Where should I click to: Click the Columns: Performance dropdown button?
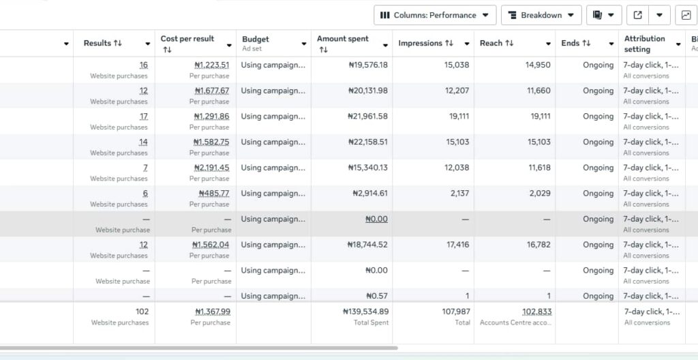click(x=435, y=15)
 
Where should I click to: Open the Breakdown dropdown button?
click(x=541, y=15)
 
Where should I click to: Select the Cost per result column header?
click(x=187, y=39)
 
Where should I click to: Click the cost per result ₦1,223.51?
click(x=211, y=65)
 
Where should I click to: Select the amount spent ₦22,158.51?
click(x=363, y=142)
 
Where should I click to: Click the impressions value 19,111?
click(x=456, y=117)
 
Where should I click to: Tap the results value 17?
click(x=143, y=117)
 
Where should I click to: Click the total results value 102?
click(x=142, y=312)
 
